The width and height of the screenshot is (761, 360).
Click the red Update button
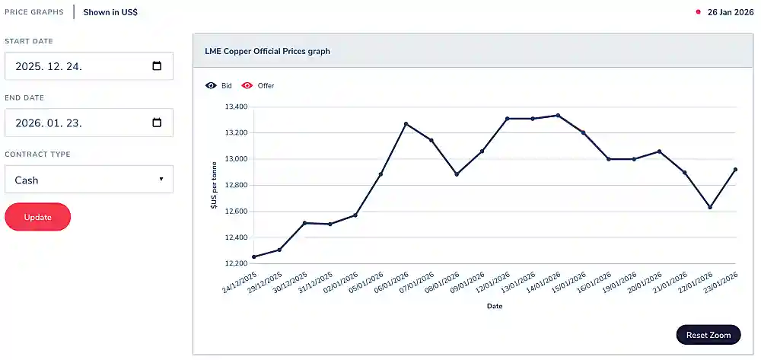tap(37, 217)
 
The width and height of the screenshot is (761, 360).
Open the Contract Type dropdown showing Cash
tap(89, 180)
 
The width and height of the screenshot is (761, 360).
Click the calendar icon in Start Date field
tap(157, 65)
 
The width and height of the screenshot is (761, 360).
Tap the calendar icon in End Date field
tap(157, 123)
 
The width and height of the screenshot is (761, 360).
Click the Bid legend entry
tap(219, 86)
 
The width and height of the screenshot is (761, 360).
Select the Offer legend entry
tap(259, 86)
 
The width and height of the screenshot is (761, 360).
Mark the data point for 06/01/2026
tap(406, 124)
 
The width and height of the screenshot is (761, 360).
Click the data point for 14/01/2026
tap(558, 116)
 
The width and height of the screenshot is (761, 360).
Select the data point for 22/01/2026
tap(710, 207)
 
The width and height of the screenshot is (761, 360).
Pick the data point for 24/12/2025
tap(253, 257)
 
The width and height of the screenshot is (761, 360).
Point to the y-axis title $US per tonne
tap(214, 186)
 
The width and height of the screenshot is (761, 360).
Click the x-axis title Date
tap(495, 306)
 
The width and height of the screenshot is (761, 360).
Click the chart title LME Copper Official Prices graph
tap(267, 52)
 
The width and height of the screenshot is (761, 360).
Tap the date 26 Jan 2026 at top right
tap(730, 12)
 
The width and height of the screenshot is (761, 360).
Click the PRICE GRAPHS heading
tap(34, 12)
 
